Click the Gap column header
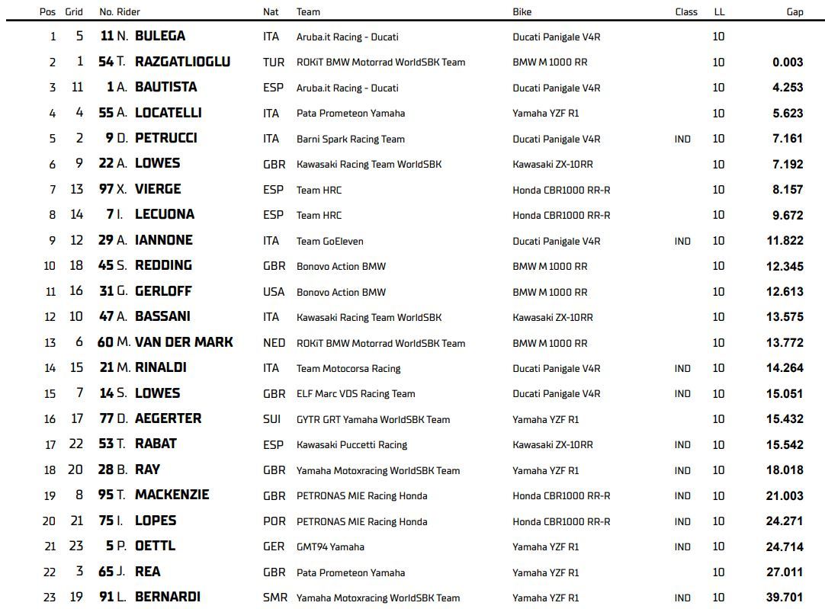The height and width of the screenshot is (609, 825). click(x=795, y=11)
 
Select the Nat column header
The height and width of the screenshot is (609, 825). click(x=271, y=11)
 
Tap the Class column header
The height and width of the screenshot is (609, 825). click(x=686, y=11)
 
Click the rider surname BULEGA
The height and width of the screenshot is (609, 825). click(x=160, y=36)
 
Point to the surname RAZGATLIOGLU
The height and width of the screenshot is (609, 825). click(x=182, y=62)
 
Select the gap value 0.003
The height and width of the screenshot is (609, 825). click(x=788, y=62)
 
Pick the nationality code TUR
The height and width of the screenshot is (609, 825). click(x=274, y=62)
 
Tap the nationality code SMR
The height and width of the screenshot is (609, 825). click(x=274, y=598)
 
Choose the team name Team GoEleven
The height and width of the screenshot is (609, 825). click(x=329, y=241)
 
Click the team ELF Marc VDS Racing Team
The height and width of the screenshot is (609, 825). click(x=355, y=394)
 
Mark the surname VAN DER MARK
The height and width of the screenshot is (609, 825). click(x=184, y=342)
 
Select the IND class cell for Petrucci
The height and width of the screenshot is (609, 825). click(x=682, y=139)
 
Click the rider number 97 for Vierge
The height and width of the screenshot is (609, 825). click(x=106, y=189)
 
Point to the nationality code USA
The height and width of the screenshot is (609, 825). click(x=274, y=292)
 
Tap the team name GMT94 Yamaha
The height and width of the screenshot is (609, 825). click(x=330, y=546)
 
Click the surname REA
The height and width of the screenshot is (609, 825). click(x=148, y=572)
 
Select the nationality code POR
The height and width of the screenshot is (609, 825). click(x=274, y=521)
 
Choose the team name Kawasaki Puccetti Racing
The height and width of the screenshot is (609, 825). click(x=352, y=444)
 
